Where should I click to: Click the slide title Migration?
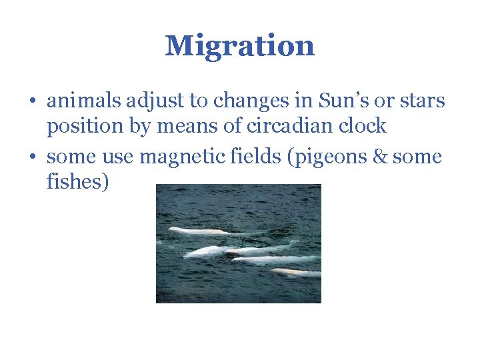239,46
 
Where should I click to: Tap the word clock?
362,125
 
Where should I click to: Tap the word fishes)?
77,181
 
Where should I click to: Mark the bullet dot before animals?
32,102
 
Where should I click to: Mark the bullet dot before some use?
32,157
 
